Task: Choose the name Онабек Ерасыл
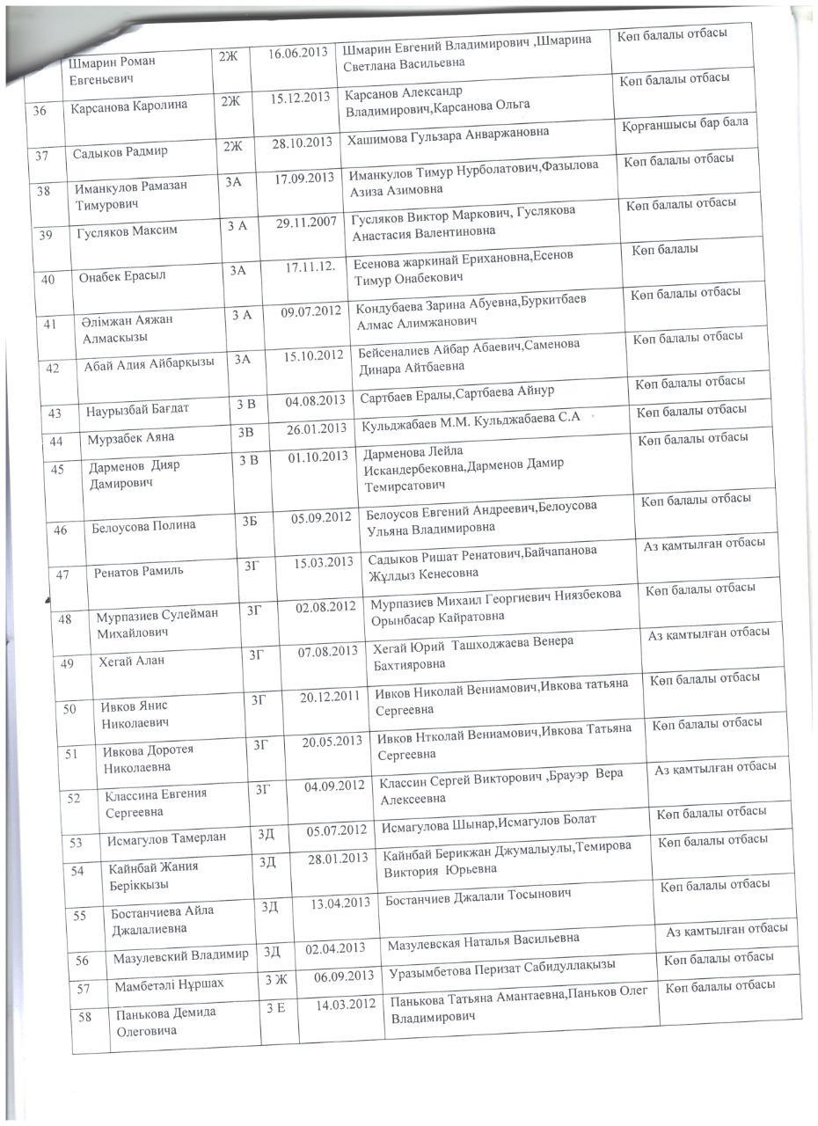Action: click(122, 275)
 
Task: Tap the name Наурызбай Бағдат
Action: click(137, 409)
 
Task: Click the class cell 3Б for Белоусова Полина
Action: click(250, 521)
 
